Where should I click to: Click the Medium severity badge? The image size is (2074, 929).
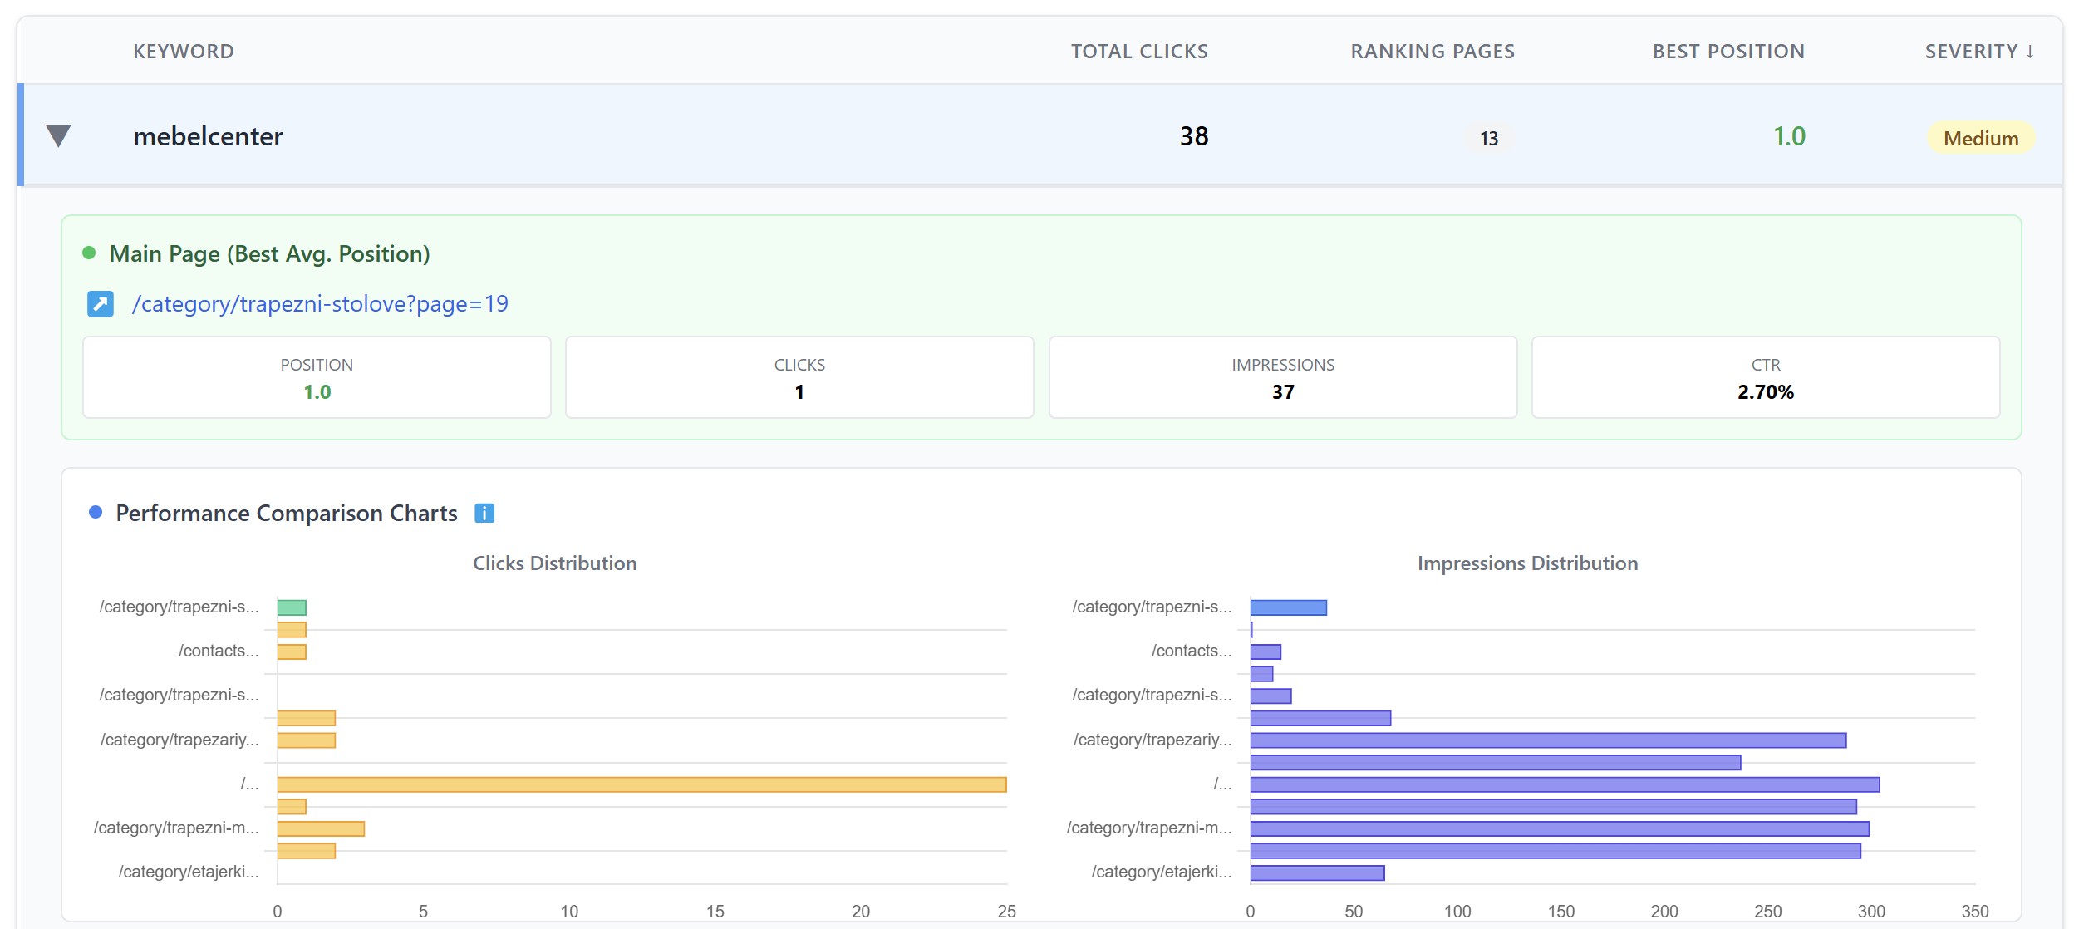(1980, 138)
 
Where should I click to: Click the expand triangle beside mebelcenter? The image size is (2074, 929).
(58, 135)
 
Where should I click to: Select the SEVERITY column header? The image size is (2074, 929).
(1978, 52)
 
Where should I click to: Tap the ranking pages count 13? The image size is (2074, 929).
(1488, 138)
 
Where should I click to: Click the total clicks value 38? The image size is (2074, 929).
(1193, 136)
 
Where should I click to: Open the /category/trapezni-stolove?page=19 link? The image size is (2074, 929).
(320, 304)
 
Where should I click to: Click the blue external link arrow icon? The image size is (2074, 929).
(101, 304)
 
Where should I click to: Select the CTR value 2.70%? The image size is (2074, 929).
(1765, 392)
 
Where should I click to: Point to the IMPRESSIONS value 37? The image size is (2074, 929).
(1282, 392)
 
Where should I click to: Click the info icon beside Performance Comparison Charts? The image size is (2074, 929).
(484, 514)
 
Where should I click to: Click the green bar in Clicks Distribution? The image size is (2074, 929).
(292, 607)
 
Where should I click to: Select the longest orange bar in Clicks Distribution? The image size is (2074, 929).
(641, 784)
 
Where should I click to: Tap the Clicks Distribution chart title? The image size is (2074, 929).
(554, 563)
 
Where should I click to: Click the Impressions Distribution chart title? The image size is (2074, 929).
(1527, 563)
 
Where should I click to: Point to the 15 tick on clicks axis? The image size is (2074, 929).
(715, 911)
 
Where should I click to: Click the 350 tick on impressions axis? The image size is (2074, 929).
(1974, 911)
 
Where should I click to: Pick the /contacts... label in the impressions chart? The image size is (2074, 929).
(1191, 651)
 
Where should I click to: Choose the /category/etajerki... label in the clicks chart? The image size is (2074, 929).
(189, 872)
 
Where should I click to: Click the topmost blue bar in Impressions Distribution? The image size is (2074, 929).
(1288, 607)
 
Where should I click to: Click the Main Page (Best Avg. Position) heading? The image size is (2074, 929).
(269, 253)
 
